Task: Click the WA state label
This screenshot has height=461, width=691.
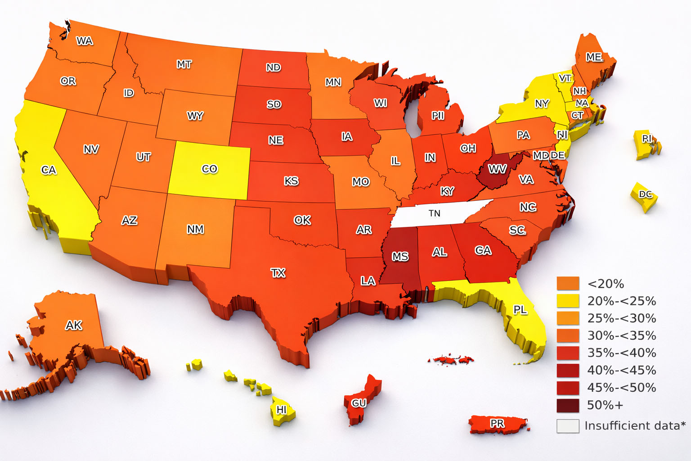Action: click(x=84, y=41)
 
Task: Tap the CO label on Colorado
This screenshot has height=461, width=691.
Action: click(x=210, y=169)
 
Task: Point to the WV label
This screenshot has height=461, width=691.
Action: click(x=498, y=169)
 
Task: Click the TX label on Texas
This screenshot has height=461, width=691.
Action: click(x=278, y=273)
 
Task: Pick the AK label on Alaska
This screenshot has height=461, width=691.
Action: click(x=74, y=325)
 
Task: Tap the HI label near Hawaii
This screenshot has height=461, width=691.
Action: click(x=281, y=410)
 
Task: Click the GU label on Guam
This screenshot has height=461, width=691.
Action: click(x=359, y=403)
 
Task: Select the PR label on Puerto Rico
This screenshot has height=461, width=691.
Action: click(x=497, y=424)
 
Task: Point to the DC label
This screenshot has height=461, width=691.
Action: click(x=646, y=194)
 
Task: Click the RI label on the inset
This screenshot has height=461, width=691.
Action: click(x=647, y=139)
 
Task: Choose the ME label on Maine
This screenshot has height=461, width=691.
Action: click(x=594, y=57)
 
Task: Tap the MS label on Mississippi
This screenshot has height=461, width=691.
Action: click(x=400, y=257)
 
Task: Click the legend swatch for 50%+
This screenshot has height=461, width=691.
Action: click(x=568, y=405)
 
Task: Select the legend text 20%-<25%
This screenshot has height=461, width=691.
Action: click(x=621, y=301)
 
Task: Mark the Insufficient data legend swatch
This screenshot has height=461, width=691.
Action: click(x=568, y=426)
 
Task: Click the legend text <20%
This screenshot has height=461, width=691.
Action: click(x=606, y=284)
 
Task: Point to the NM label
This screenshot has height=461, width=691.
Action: click(x=195, y=229)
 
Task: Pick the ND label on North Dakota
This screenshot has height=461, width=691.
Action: click(x=274, y=68)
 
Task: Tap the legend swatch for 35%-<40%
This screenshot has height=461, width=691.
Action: click(x=568, y=353)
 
